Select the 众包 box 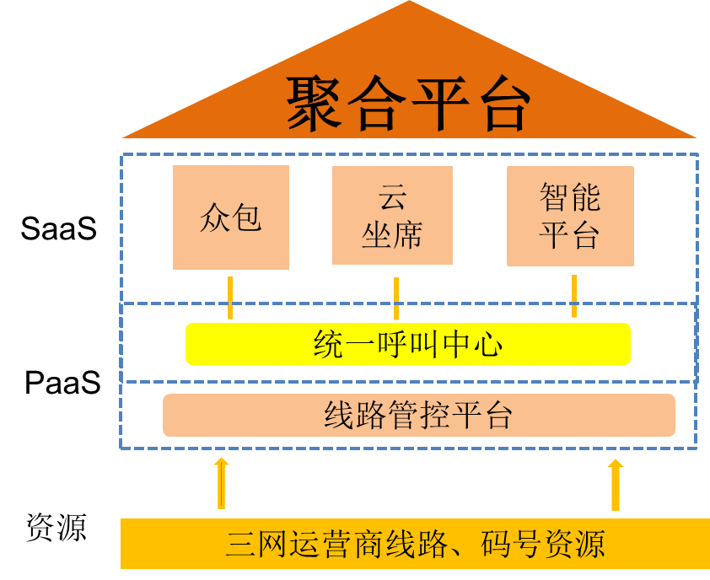click(231, 217)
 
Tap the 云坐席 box click(392, 215)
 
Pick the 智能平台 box click(570, 216)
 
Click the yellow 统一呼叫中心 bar click(408, 344)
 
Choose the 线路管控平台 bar click(418, 415)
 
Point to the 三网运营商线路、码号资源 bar click(415, 544)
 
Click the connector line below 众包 click(229, 297)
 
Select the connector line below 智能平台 click(574, 296)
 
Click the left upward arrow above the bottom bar click(221, 484)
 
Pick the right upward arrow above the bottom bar click(615, 485)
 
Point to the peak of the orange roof click(410, 5)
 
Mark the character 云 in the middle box click(392, 198)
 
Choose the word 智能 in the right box click(570, 199)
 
